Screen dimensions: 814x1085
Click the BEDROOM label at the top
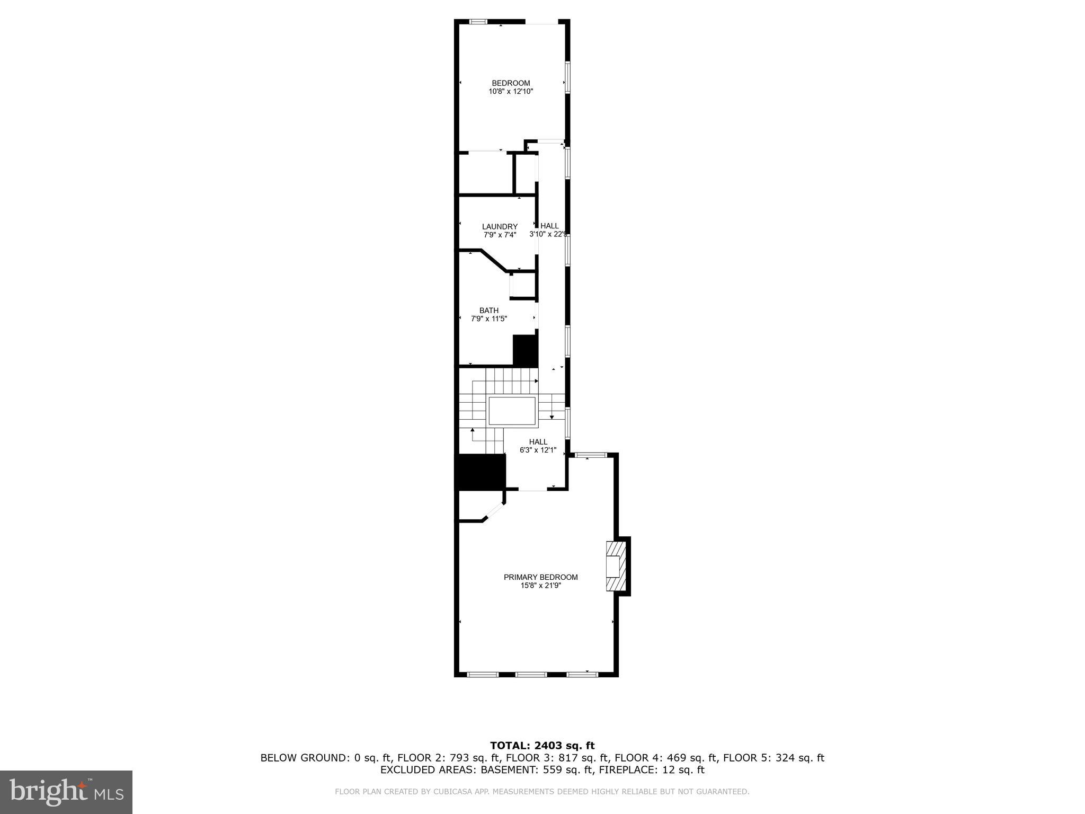(511, 83)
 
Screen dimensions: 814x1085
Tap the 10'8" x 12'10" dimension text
(511, 92)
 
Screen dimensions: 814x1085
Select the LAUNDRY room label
(500, 227)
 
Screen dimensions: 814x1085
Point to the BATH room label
(488, 311)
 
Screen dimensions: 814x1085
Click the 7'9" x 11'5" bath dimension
(488, 319)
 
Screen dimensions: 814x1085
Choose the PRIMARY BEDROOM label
(540, 577)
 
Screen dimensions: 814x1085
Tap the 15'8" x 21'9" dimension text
(540, 586)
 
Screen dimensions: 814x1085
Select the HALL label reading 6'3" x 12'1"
(538, 442)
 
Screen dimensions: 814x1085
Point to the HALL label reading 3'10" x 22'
(549, 226)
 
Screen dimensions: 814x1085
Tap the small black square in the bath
(525, 350)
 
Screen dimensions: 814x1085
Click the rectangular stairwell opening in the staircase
(512, 411)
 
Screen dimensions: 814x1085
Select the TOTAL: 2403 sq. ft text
(542, 746)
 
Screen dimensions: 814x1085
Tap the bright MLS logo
(66, 792)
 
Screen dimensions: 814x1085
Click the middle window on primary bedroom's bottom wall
(531, 675)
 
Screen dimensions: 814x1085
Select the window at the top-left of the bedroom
(478, 22)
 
